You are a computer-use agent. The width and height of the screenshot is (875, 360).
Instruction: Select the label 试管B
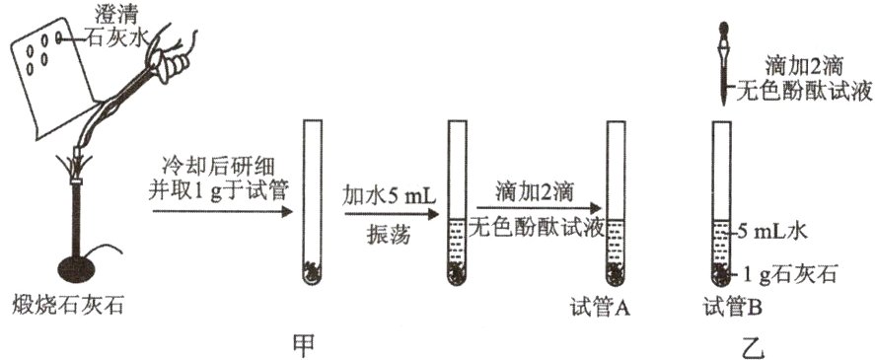730,308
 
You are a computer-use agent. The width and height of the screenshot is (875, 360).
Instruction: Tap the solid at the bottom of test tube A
617,271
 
